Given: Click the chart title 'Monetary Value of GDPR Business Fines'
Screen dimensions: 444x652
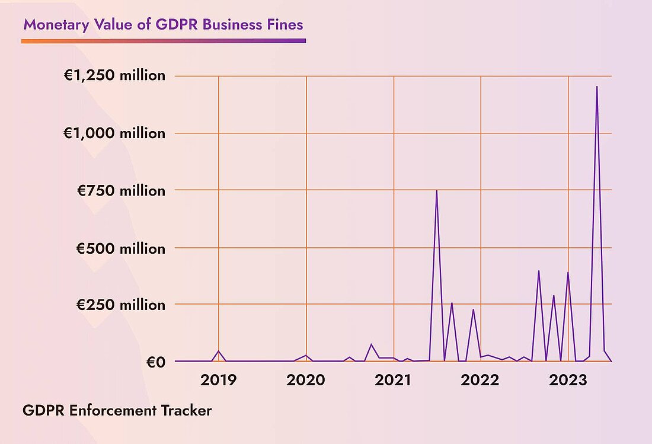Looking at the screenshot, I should click(x=163, y=25).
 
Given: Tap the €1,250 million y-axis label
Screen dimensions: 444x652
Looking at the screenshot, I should click(x=114, y=76).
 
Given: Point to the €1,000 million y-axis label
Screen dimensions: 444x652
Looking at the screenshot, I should click(x=114, y=133).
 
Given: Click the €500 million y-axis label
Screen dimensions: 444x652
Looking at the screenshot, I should click(x=120, y=248).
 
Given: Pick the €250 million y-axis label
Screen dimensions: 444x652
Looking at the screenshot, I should click(x=120, y=305).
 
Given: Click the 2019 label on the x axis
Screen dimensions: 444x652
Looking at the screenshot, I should click(x=218, y=379).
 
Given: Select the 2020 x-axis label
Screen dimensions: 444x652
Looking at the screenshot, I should click(x=306, y=379).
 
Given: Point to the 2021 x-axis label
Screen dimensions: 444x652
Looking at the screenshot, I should click(x=394, y=379).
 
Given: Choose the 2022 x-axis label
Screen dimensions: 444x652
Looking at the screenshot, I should click(x=481, y=379).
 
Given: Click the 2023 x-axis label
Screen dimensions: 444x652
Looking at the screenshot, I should click(x=568, y=379).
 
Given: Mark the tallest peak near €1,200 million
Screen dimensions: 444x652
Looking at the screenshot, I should click(x=597, y=87).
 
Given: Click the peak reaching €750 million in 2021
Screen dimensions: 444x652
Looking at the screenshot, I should click(x=437, y=191).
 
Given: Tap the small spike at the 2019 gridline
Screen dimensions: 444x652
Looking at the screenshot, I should click(x=218, y=351).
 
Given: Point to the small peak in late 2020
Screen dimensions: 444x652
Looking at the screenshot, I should click(x=372, y=344).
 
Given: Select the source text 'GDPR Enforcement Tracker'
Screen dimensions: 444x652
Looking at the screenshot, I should click(x=117, y=410).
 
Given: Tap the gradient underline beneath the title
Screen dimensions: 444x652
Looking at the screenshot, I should click(x=163, y=41).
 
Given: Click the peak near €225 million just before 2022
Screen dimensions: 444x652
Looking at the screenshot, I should click(x=473, y=309).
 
